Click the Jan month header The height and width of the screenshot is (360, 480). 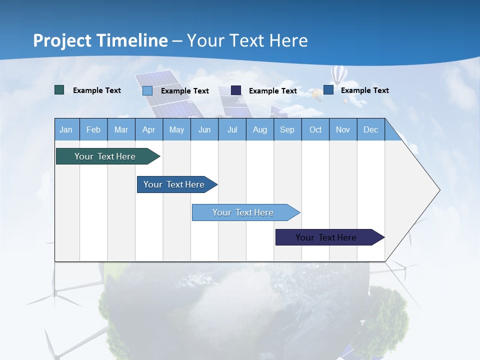coord(66,130)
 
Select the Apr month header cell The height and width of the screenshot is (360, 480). coord(148,130)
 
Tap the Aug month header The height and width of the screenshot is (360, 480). coord(259,130)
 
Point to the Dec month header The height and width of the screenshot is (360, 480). coord(370,130)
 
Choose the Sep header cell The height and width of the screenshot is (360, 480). coord(287,130)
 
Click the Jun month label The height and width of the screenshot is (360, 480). coord(204,130)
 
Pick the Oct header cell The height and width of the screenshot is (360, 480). coord(315,130)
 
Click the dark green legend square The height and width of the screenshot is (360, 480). coord(59,90)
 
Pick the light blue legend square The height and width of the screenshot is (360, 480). coord(147,90)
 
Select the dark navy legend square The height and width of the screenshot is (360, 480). coord(236,90)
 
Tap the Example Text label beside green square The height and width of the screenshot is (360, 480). coord(97,90)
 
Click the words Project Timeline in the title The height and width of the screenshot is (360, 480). coord(100,40)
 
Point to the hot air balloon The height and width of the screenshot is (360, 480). coord(338,74)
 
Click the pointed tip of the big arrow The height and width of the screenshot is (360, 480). coord(439,190)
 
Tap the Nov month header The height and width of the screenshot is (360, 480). coord(342,130)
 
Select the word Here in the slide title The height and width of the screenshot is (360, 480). coord(288,40)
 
